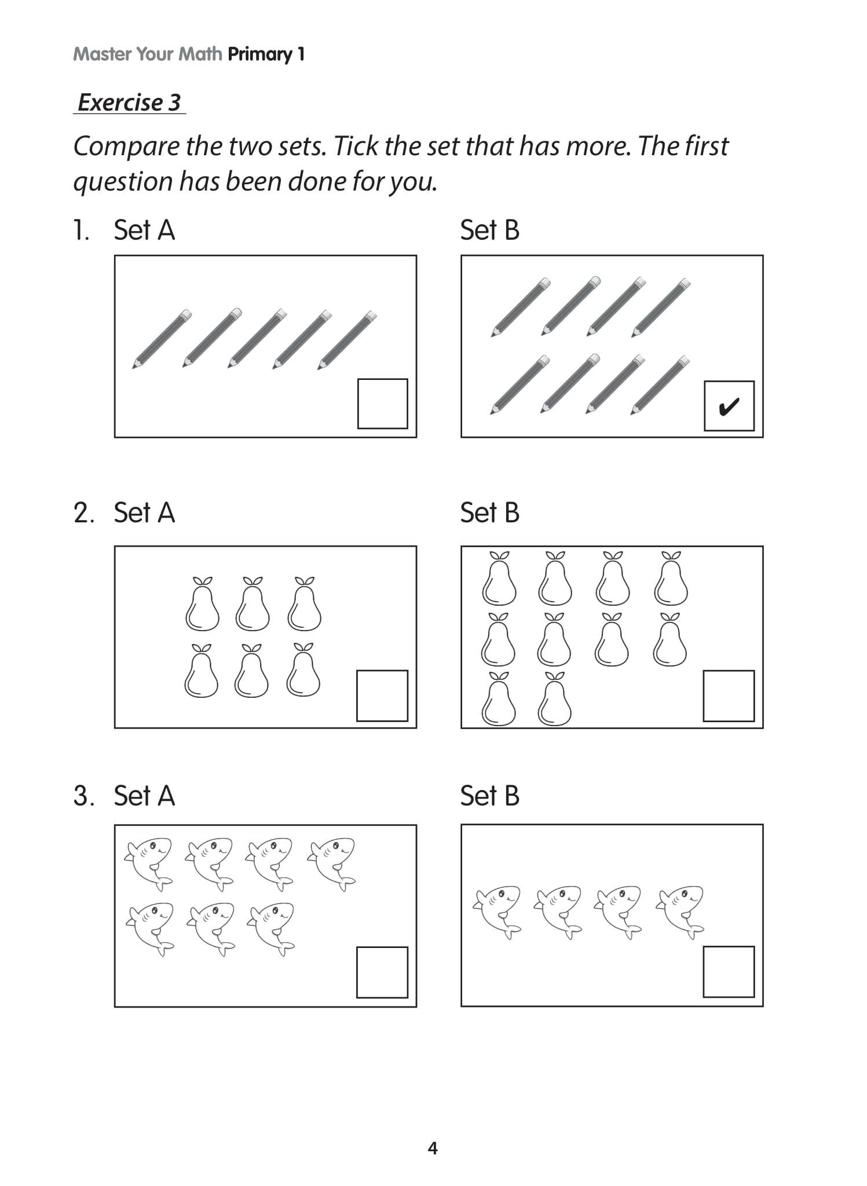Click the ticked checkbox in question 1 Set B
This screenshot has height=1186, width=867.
(x=729, y=405)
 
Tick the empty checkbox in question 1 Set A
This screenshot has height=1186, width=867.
(x=382, y=404)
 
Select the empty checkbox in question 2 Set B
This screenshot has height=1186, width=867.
(x=729, y=696)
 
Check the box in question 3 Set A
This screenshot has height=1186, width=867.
(x=382, y=972)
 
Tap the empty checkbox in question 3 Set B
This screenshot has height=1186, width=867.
(x=729, y=972)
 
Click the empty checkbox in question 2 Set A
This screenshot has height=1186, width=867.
(x=382, y=696)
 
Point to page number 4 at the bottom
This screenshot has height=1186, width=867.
(x=433, y=1148)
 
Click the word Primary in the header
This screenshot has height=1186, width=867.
(x=260, y=54)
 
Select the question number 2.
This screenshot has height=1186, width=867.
(x=83, y=513)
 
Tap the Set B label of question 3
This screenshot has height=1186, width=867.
(x=489, y=796)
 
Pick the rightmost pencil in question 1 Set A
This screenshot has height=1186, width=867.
(x=347, y=340)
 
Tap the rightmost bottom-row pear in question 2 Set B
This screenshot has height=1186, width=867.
(x=554, y=699)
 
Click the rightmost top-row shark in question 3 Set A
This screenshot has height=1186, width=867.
(x=332, y=863)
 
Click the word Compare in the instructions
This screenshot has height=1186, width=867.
(x=126, y=147)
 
